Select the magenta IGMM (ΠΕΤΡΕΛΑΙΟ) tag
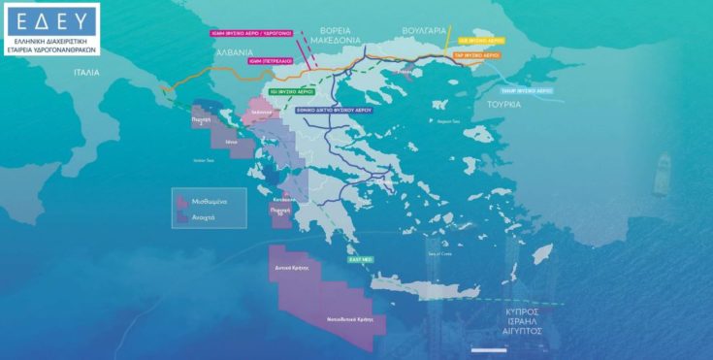273,61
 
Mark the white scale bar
484,348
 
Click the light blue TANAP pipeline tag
520,89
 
